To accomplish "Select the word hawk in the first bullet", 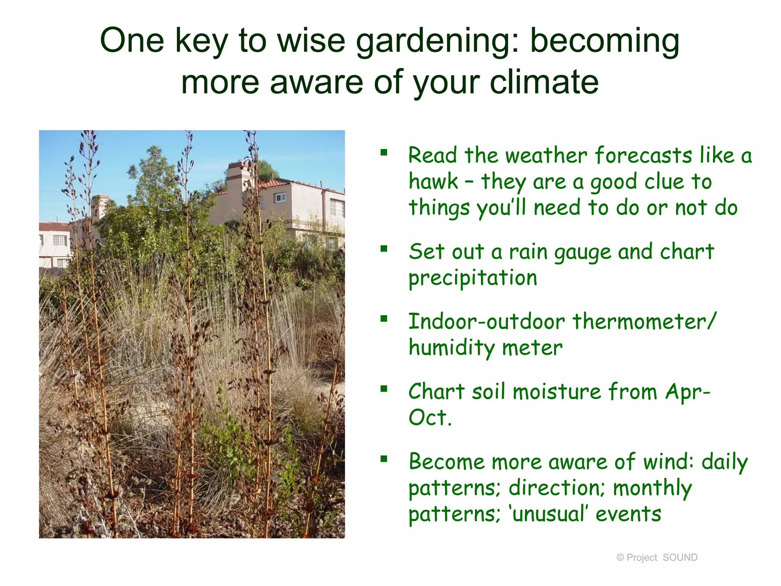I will click(433, 182).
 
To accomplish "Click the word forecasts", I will click(643, 156).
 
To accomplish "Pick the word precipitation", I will click(473, 278).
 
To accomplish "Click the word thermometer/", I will click(644, 322).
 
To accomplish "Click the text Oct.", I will click(430, 418).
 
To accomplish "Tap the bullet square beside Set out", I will click(384, 249).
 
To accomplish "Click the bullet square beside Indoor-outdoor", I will click(384, 319).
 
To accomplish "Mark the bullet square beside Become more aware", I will click(384, 459).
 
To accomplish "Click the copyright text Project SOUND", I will click(657, 557).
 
